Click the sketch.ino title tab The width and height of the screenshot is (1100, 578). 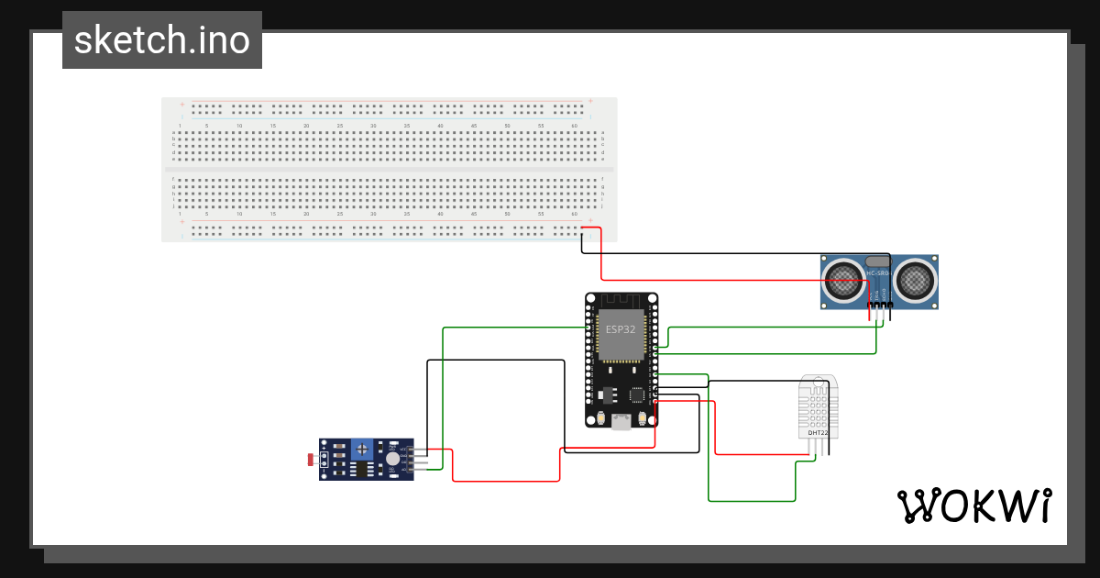(x=162, y=40)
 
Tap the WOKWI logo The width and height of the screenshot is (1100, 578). (x=973, y=506)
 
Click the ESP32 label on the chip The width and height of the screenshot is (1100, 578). (x=620, y=329)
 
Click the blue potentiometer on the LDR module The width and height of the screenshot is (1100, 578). (x=364, y=449)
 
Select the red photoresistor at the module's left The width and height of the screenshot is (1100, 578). (x=313, y=458)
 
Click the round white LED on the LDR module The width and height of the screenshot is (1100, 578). (x=392, y=458)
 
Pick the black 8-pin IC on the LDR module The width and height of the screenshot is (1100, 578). (x=359, y=469)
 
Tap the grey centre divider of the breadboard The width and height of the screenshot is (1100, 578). (x=390, y=171)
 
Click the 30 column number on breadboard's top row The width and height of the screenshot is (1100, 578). (x=373, y=125)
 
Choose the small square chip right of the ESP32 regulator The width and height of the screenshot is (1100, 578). (x=637, y=395)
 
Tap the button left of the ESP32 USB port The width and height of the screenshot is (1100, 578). (x=600, y=418)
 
